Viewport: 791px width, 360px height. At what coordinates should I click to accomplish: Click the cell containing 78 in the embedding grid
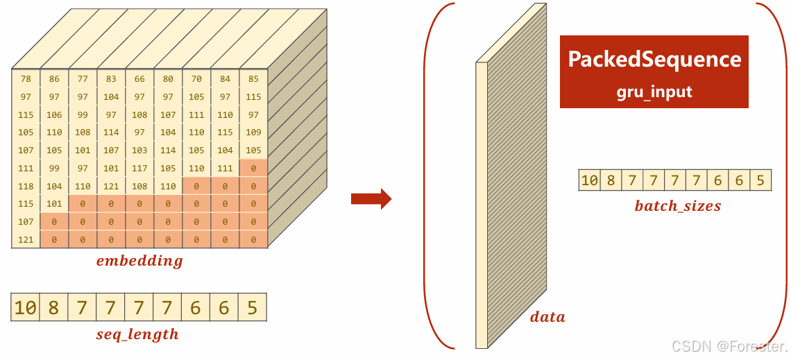[26, 79]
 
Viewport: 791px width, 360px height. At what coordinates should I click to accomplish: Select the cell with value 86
[54, 79]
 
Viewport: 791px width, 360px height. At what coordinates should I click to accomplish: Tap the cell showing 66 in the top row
[139, 79]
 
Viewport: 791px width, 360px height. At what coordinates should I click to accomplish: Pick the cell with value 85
[253, 79]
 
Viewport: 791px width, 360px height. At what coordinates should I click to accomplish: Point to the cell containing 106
[54, 114]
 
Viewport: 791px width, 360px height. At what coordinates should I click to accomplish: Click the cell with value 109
[253, 132]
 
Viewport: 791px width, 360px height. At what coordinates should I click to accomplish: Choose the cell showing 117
[139, 168]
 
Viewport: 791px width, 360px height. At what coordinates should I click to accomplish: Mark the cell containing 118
[26, 186]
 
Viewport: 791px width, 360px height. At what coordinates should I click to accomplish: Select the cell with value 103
[139, 150]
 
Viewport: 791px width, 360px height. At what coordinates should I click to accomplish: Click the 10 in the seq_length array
[26, 307]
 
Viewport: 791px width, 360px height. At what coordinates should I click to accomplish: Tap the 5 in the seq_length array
[253, 307]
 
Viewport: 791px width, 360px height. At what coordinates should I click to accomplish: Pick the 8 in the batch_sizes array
[610, 180]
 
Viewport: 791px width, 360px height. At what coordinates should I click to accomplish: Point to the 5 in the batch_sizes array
[760, 180]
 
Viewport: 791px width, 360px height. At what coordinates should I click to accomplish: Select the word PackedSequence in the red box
[654, 59]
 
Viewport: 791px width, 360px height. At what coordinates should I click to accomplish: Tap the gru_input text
[654, 92]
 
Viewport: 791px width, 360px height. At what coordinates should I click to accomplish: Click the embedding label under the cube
[139, 262]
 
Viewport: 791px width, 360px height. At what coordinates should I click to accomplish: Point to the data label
[547, 317]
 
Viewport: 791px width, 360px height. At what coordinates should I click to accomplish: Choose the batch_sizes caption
[677, 206]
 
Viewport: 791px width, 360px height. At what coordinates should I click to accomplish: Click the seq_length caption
[137, 334]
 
